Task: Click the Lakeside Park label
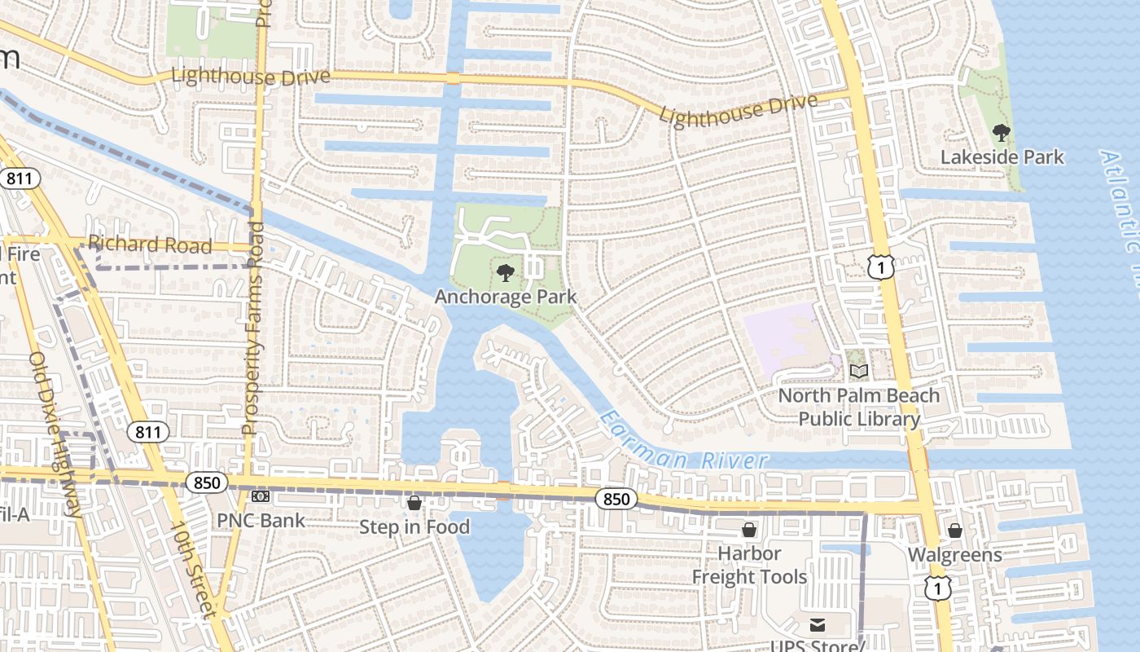1002,156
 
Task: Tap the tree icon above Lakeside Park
1002,132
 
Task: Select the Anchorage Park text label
505,297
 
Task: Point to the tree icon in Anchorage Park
505,272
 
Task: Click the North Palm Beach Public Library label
859,407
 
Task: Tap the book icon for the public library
859,372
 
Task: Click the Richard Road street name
150,244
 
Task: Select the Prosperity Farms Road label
254,326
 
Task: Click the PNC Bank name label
261,520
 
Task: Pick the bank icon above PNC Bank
261,496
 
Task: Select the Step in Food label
414,527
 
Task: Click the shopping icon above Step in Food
414,503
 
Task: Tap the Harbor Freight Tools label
749,565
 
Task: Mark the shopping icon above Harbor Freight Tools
749,531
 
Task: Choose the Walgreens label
955,555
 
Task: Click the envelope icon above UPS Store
818,625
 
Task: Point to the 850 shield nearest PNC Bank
207,482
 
